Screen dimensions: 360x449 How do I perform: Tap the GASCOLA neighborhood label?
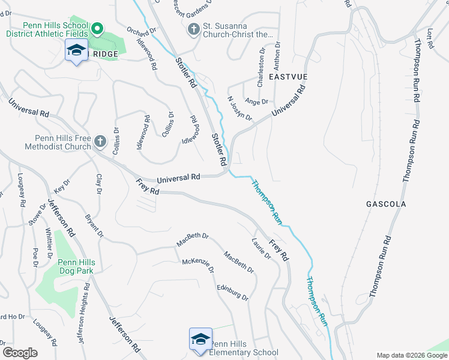point(386,204)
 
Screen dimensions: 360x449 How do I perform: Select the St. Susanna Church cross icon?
point(193,29)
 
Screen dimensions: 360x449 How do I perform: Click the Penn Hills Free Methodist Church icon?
point(100,142)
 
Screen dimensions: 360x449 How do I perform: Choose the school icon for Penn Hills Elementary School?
point(200,339)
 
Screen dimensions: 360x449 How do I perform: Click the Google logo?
point(20,352)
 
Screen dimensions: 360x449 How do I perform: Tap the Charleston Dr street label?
point(262,71)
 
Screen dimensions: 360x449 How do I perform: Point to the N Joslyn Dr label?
point(239,107)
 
